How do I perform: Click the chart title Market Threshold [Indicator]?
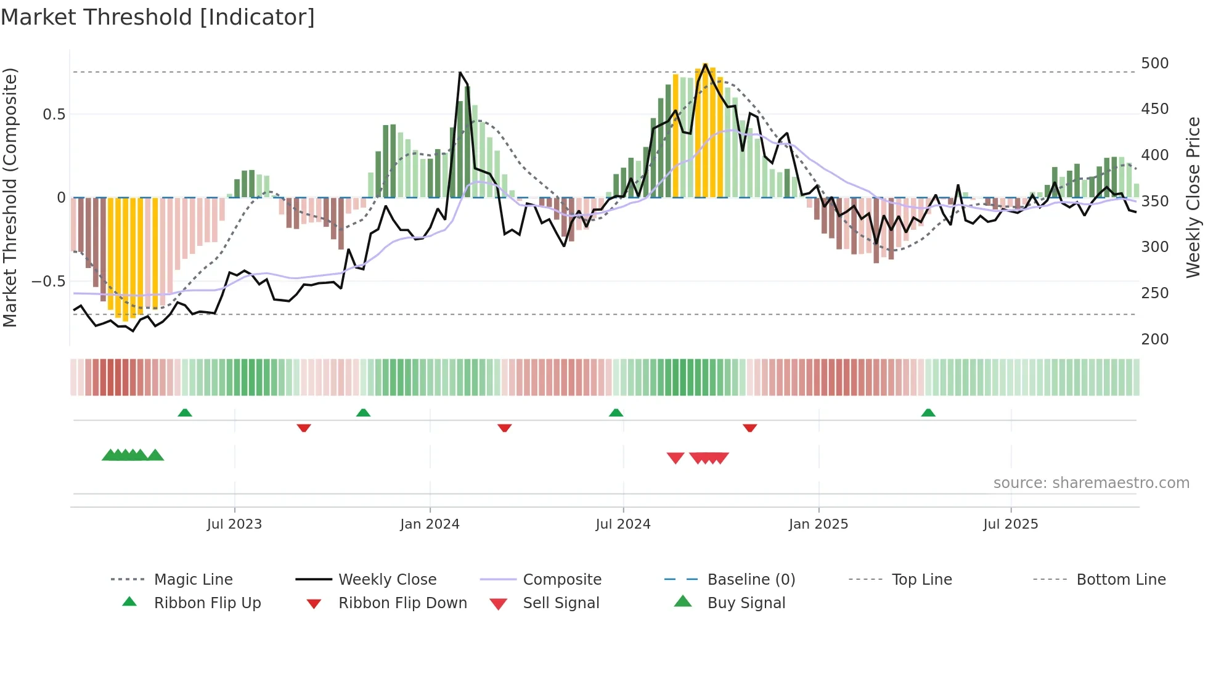(x=158, y=17)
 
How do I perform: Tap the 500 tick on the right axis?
(x=1154, y=63)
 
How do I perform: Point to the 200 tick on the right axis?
(x=1154, y=339)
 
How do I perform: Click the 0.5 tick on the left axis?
(x=54, y=115)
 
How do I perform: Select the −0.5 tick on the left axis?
(x=49, y=282)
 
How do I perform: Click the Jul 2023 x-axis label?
(x=234, y=524)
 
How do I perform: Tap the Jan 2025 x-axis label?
(x=818, y=524)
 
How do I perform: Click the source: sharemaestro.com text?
(x=1091, y=483)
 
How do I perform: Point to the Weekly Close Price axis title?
(x=1193, y=197)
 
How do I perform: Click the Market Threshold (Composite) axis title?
(x=10, y=197)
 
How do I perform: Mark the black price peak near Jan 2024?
(x=460, y=73)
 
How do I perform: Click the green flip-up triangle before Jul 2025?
(x=928, y=413)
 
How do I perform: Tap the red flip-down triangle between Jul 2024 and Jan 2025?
(x=749, y=428)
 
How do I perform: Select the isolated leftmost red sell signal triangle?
(x=675, y=458)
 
